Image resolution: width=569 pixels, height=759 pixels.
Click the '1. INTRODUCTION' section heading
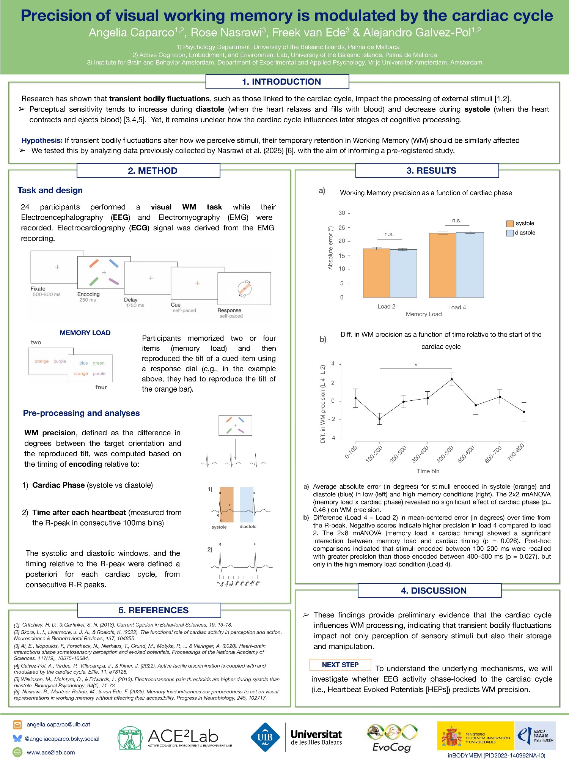click(281, 82)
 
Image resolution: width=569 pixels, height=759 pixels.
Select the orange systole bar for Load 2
click(376, 273)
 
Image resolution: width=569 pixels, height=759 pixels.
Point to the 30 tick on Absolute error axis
click(342, 213)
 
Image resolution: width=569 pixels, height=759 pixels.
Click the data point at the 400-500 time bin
click(451, 379)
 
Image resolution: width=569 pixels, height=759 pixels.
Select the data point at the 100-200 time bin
click(380, 419)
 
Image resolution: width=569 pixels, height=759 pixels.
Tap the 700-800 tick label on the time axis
click(516, 452)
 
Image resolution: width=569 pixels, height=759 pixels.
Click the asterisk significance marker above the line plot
click(416, 365)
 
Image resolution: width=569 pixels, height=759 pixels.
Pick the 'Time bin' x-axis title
click(428, 471)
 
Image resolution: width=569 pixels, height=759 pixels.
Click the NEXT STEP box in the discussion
click(340, 665)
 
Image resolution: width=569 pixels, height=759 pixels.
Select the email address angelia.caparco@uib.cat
click(58, 724)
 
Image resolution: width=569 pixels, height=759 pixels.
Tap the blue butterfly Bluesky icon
click(17, 739)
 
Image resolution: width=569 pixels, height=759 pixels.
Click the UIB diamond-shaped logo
click(265, 737)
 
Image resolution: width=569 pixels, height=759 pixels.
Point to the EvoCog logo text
click(391, 747)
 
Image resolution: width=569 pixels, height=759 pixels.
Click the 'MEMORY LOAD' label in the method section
click(85, 333)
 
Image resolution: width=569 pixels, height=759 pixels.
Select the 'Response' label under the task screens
click(229, 310)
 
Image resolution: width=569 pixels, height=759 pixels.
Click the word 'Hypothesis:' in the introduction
click(42, 140)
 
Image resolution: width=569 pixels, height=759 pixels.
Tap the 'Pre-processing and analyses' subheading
click(81, 413)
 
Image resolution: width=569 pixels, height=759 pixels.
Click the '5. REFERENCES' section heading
click(153, 610)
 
